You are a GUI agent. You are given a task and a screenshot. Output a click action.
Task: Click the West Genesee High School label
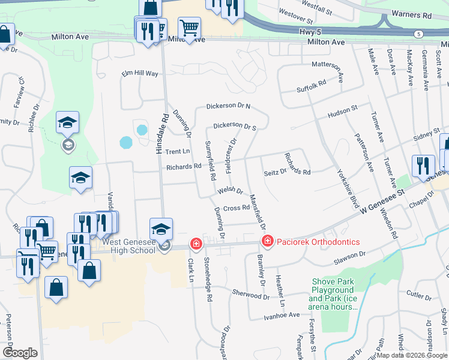[128, 247]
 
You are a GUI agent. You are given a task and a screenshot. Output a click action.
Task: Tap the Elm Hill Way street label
[140, 73]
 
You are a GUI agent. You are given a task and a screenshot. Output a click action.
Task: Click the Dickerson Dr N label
[228, 106]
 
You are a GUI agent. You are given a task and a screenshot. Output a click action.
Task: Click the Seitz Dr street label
[276, 172]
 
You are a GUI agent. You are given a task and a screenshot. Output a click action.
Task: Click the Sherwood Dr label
[251, 295]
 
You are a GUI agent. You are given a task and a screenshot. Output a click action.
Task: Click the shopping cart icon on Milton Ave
[189, 26]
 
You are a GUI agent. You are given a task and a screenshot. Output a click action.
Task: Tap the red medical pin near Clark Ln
[196, 244]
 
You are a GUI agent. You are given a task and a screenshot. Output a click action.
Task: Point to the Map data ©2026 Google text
[412, 355]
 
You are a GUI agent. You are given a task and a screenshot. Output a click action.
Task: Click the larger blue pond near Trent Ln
[126, 143]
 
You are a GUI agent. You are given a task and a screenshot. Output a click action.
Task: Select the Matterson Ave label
[340, 71]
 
